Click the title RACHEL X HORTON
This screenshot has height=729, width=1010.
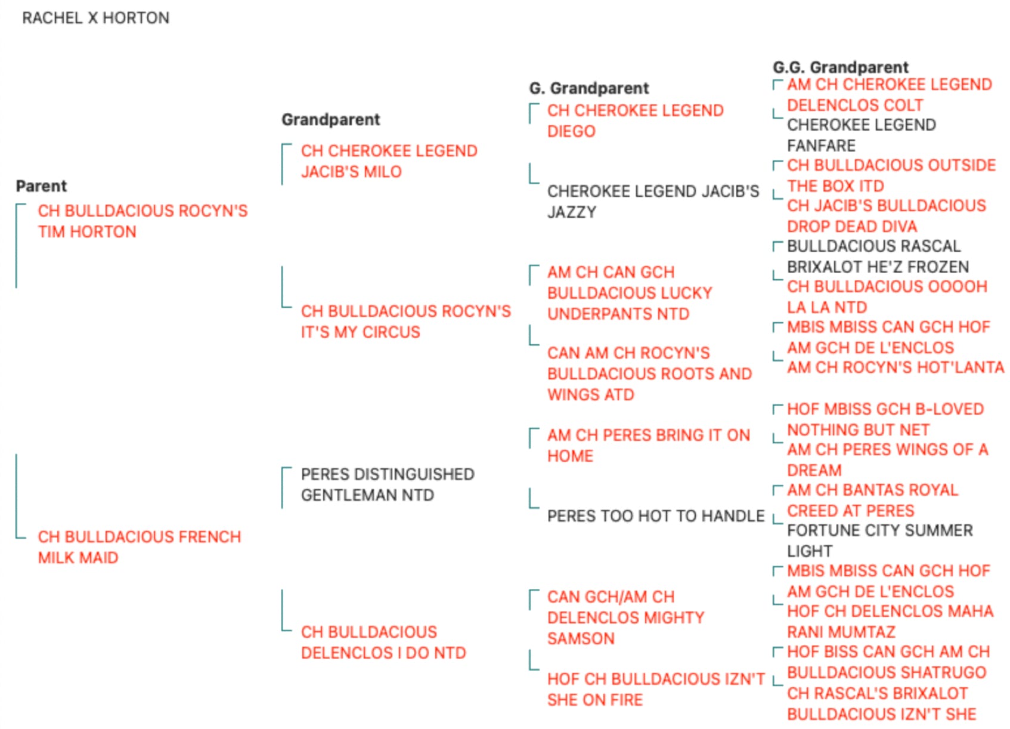point(95,18)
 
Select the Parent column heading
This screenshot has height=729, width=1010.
point(41,186)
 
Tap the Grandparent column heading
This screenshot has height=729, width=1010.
point(330,119)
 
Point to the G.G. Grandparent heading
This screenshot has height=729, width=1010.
point(841,67)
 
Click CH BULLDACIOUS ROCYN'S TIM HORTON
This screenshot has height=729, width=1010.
point(143,221)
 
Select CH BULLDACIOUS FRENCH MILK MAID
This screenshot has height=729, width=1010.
point(140,547)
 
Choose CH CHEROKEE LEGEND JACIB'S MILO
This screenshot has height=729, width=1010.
point(389,161)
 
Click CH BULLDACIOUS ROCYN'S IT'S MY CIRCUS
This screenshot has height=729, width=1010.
point(406,322)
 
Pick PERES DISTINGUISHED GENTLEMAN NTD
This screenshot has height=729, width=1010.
point(388,484)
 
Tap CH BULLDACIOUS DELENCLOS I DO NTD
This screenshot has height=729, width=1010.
point(383,642)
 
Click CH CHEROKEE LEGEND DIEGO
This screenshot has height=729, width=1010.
point(636,121)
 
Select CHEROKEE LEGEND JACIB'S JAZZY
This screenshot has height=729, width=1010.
point(653,202)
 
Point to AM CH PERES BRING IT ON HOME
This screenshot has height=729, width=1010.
point(648,445)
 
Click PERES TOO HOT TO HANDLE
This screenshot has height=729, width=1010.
point(656,515)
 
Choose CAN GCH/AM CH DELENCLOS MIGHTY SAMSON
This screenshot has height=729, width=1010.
point(626,617)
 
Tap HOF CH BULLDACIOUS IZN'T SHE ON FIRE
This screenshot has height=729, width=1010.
point(656,689)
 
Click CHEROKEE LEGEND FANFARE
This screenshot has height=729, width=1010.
point(861,135)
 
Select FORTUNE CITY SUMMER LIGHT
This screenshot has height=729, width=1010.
point(879,540)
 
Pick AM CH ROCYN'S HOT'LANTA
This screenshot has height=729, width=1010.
point(896,367)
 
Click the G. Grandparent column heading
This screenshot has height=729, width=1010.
point(589,88)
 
